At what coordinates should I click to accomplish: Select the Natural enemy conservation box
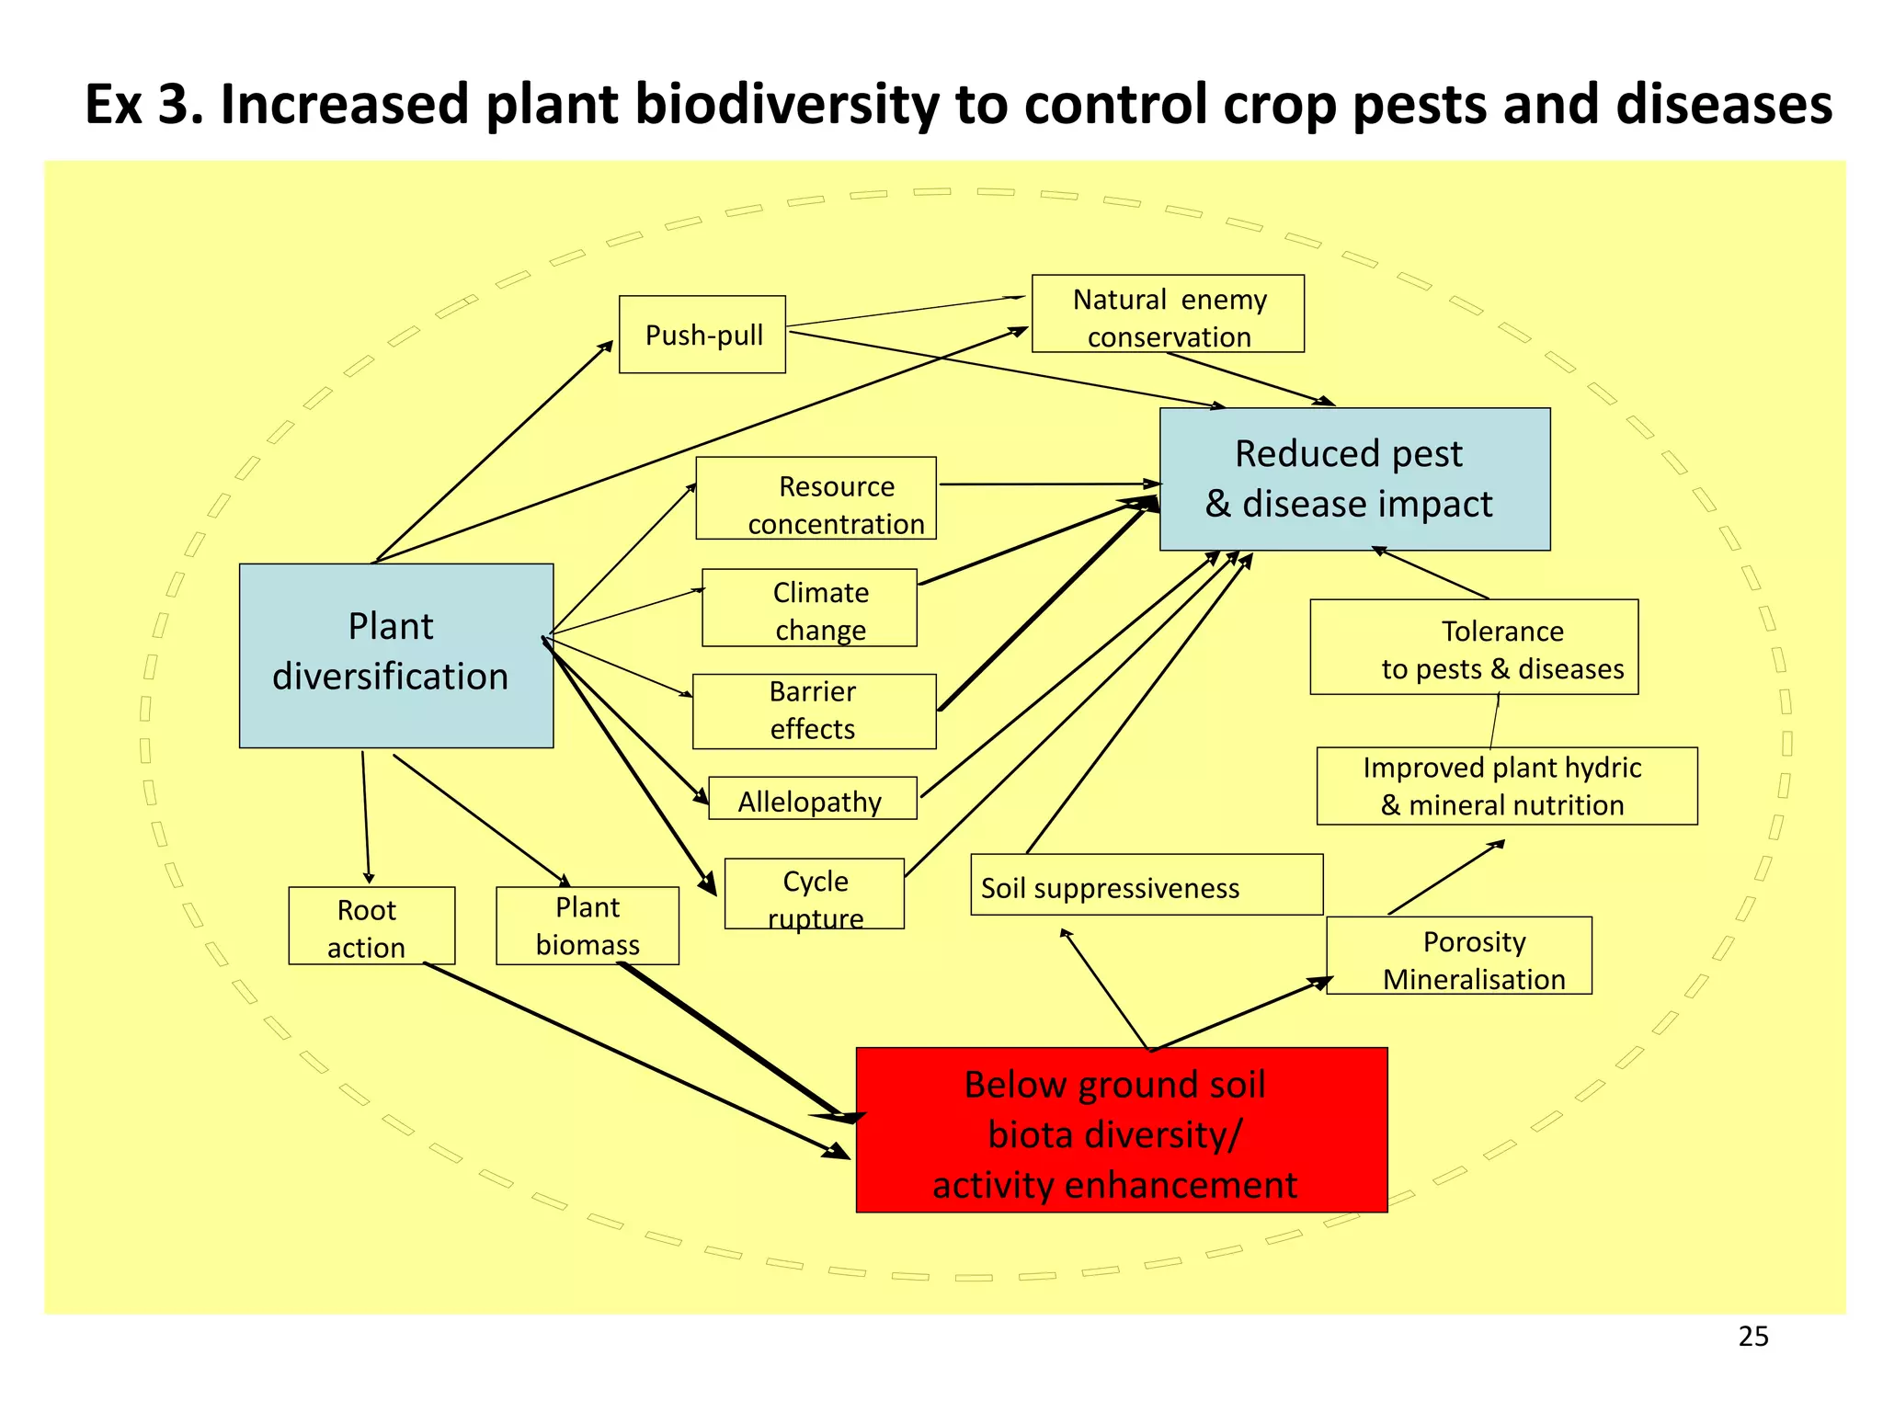click(x=1167, y=313)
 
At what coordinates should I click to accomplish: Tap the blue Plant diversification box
click(x=395, y=655)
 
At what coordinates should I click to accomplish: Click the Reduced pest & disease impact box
click(x=1353, y=479)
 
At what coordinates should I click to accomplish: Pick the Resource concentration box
click(x=816, y=498)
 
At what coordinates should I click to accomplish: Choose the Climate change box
click(x=809, y=608)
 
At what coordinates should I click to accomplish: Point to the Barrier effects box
click(x=814, y=711)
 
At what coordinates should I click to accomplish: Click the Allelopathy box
click(x=812, y=798)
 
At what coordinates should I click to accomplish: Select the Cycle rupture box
click(x=814, y=894)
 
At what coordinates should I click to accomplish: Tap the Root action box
click(x=371, y=926)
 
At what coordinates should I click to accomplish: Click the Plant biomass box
click(x=587, y=926)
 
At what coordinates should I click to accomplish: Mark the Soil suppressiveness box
click(x=1146, y=884)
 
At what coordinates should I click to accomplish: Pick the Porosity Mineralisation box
click(x=1458, y=955)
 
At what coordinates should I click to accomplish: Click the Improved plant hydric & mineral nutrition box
click(x=1506, y=786)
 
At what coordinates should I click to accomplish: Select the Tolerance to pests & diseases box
click(x=1473, y=647)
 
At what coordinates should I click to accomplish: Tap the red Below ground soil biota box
click(x=1121, y=1130)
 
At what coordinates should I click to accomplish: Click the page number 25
click(x=1752, y=1336)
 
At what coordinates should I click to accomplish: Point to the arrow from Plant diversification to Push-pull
click(x=493, y=450)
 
